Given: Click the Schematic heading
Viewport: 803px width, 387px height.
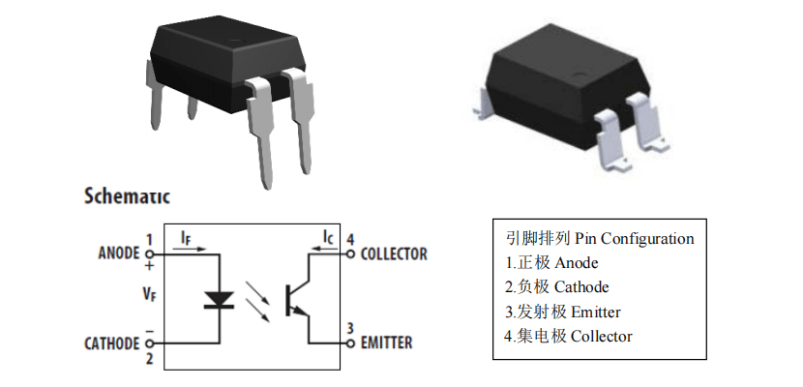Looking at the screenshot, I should [x=127, y=196].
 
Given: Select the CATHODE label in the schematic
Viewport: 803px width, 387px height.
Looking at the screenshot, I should [x=112, y=342].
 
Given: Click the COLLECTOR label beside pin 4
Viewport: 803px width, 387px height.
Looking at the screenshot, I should [x=394, y=254].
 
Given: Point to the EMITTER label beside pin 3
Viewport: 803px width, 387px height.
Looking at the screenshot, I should [x=386, y=342].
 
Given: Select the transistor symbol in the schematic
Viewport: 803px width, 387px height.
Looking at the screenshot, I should [x=295, y=300].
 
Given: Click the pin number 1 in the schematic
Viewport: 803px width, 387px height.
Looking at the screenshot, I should [x=149, y=239].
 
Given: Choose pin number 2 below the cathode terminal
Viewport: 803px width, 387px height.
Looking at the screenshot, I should [x=149, y=359].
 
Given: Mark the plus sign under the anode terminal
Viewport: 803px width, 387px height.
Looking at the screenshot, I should [x=149, y=266].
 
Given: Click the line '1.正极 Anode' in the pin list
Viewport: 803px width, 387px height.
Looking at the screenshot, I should [x=552, y=262].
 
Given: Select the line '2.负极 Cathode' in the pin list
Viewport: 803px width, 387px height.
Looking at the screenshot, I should [x=557, y=287].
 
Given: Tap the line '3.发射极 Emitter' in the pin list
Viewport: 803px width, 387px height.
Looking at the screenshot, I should [x=563, y=312].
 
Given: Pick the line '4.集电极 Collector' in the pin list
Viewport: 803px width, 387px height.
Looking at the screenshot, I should [x=569, y=336].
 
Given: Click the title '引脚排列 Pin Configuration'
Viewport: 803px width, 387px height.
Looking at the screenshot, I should [x=600, y=238].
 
